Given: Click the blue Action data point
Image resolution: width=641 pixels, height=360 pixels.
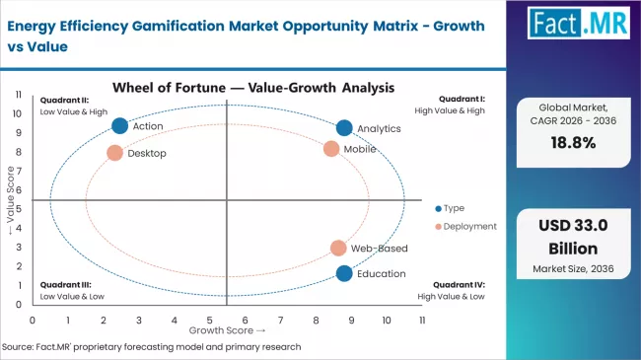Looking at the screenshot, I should tap(120, 125).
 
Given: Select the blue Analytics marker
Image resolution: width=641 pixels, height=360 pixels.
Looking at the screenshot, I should tap(344, 127).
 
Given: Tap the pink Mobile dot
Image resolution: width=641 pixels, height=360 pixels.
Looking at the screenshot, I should tap(331, 149).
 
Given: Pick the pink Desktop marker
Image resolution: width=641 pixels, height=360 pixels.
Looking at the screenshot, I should tap(114, 153).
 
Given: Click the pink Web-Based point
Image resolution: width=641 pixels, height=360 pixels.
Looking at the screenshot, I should tap(338, 249).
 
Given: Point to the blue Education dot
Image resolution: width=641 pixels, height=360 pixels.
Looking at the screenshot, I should tap(344, 273).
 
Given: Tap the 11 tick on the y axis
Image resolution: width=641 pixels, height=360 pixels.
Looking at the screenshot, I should tap(20, 94).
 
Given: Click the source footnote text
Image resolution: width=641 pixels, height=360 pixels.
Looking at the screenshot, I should tap(153, 346).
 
